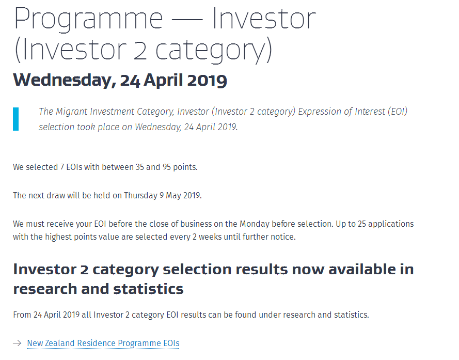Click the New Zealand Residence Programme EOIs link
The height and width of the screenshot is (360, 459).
[103, 343]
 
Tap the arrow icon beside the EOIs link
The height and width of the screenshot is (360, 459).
[17, 343]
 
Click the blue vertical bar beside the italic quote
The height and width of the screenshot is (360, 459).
[16, 119]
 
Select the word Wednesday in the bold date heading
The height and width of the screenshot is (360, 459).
[62, 80]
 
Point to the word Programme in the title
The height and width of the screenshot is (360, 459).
[88, 19]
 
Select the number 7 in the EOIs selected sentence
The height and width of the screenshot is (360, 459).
[62, 167]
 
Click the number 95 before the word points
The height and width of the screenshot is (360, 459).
[167, 167]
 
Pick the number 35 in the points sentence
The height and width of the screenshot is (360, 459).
[140, 167]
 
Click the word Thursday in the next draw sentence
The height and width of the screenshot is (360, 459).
[140, 195]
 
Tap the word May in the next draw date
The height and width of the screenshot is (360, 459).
[173, 195]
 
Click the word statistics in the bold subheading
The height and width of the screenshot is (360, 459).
[148, 289]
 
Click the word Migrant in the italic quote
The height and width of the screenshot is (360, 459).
[71, 112]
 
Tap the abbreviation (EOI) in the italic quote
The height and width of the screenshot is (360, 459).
[398, 112]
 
